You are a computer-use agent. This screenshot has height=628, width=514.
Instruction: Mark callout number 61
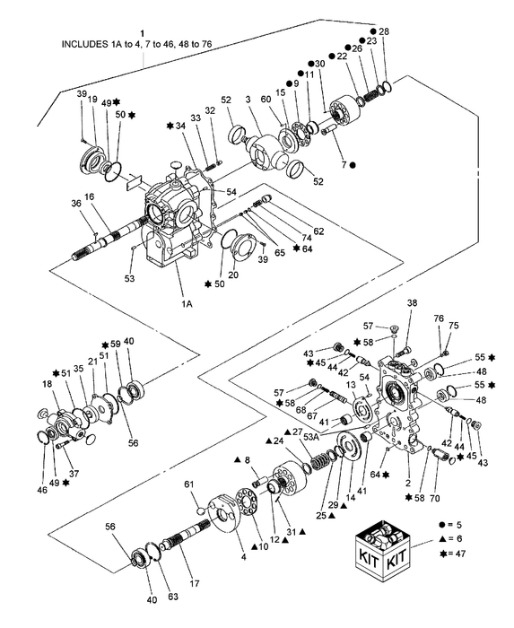click(x=188, y=485)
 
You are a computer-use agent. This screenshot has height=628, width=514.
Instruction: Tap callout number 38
click(x=412, y=304)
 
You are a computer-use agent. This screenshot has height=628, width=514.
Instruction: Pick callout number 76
click(x=439, y=318)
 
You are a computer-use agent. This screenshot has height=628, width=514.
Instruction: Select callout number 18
click(x=46, y=383)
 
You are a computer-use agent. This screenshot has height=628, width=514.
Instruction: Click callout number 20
click(x=233, y=275)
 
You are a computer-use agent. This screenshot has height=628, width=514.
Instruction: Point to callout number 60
click(x=266, y=100)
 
